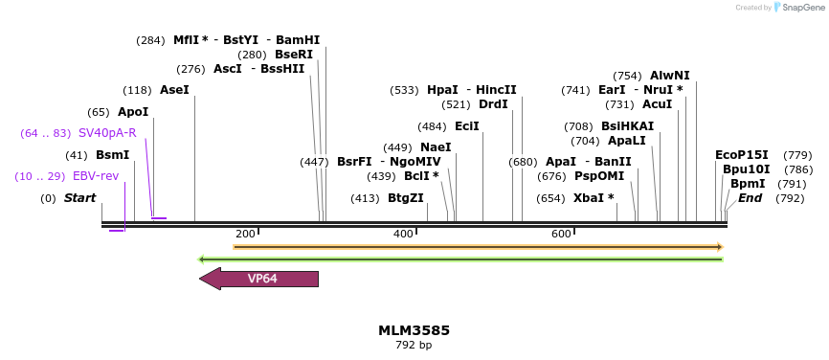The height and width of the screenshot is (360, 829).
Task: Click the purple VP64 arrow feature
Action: (x=259, y=279)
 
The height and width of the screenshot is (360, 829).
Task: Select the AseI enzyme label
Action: (x=174, y=90)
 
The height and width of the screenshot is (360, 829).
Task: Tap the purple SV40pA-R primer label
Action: (x=107, y=133)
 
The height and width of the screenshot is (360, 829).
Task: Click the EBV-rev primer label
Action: (x=96, y=176)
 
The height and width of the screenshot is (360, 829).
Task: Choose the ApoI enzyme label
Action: (x=133, y=112)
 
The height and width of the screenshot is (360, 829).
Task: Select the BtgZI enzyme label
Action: (x=405, y=198)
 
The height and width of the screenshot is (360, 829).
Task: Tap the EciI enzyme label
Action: (x=467, y=126)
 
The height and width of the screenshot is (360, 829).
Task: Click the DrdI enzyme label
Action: (x=494, y=104)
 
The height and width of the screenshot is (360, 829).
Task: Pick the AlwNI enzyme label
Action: (x=669, y=76)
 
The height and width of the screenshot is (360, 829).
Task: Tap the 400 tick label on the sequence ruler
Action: (x=403, y=234)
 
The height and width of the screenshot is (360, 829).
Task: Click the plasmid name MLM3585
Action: (x=414, y=330)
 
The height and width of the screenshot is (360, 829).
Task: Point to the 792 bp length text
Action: (x=414, y=345)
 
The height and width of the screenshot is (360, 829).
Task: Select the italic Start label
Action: (x=80, y=198)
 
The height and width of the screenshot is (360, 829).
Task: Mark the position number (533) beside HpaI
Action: (x=404, y=90)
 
